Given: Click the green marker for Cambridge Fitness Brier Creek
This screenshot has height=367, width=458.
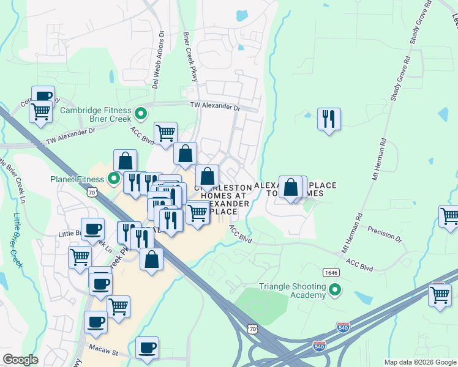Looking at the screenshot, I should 141,113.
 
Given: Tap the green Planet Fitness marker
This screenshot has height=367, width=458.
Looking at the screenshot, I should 113,179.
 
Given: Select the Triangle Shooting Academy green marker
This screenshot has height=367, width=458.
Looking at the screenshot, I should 334,289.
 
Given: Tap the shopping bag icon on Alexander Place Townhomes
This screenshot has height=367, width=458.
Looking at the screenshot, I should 291,187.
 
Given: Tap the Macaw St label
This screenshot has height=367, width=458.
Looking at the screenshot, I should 105,353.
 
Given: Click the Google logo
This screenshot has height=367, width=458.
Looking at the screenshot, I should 20,360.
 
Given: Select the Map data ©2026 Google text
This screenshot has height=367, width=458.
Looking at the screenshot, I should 420,362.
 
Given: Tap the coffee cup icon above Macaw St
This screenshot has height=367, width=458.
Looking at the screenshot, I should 147,348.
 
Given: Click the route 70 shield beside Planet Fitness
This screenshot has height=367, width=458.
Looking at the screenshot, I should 91,192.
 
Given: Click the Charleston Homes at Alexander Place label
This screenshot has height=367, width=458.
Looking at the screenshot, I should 222,199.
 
